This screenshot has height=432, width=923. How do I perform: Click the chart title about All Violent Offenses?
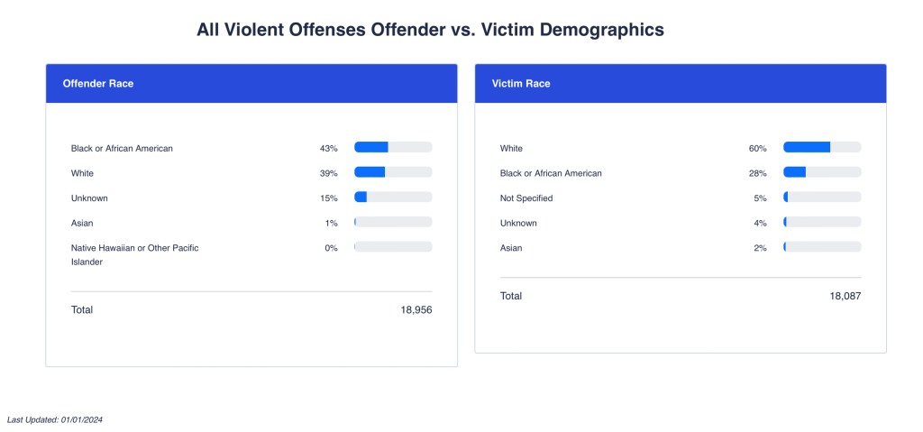point(430,30)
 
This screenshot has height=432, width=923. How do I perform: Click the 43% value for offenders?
point(328,148)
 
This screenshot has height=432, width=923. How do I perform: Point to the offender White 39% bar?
point(393,172)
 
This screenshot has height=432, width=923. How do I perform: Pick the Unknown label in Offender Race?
point(89,198)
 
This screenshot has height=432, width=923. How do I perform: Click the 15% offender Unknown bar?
point(393,197)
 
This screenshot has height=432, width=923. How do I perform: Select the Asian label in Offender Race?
point(82,223)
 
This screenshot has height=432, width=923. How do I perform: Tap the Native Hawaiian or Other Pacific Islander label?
point(134,254)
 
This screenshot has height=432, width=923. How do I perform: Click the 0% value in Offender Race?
point(331,248)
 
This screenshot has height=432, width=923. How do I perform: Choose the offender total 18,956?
point(416,310)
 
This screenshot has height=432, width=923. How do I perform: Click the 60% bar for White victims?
point(822,147)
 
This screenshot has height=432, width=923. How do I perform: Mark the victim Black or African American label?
point(551,173)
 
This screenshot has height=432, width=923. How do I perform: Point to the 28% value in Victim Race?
point(757,173)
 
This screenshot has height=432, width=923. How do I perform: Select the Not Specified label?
point(526,198)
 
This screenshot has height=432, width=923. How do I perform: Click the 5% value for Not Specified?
point(760,198)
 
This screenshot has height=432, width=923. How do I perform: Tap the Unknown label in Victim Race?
point(518,223)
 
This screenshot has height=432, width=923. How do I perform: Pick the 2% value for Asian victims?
point(760,248)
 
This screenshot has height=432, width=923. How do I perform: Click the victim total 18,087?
point(845,296)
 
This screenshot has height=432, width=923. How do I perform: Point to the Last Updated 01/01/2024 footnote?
point(55,419)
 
